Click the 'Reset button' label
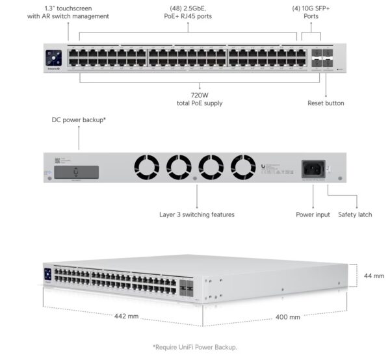(x=326, y=103)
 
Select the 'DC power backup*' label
(x=79, y=120)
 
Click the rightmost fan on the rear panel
(x=244, y=168)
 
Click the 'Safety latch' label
(x=355, y=214)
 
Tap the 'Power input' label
(x=313, y=214)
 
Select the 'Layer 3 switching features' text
(x=197, y=214)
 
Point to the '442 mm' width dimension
(x=126, y=316)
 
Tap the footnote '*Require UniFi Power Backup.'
(x=195, y=347)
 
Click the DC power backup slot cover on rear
(x=77, y=172)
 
